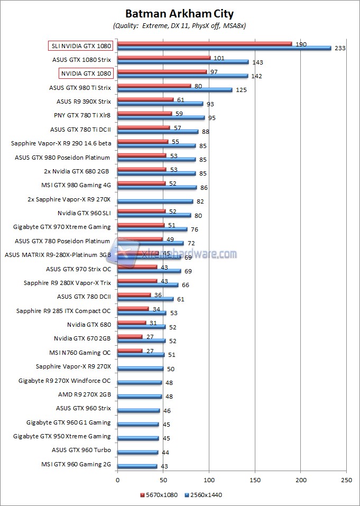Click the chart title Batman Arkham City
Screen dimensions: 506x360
tap(179, 14)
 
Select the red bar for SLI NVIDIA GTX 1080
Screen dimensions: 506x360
tap(205, 44)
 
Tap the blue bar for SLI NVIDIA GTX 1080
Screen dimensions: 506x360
tap(224, 48)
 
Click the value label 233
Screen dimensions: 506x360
tap(340, 48)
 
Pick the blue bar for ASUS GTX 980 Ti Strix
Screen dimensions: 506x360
tap(174, 90)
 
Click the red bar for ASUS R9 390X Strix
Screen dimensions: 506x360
tap(145, 99)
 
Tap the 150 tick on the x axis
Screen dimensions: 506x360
tap(255, 480)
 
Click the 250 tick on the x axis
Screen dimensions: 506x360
tap(346, 480)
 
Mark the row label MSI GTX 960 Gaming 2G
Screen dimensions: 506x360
tap(76, 464)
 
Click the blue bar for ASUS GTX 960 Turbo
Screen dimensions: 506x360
tap(138, 453)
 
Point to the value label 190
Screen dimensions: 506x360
tap(301, 44)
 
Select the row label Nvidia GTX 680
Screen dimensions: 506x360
tap(89, 325)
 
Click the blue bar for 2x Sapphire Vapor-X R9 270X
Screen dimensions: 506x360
tap(155, 201)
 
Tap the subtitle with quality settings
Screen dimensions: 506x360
tap(179, 25)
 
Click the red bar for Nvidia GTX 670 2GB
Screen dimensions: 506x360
tap(130, 336)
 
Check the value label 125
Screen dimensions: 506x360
tap(241, 90)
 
